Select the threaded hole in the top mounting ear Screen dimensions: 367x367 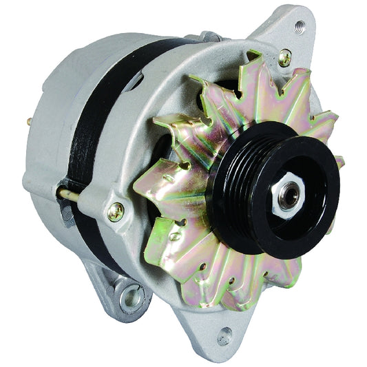[300, 28]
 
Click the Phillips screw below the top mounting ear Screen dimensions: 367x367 [284, 59]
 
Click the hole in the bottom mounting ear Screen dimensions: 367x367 [224, 337]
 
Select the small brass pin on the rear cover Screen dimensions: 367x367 [30, 121]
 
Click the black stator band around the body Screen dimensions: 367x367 [90, 117]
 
